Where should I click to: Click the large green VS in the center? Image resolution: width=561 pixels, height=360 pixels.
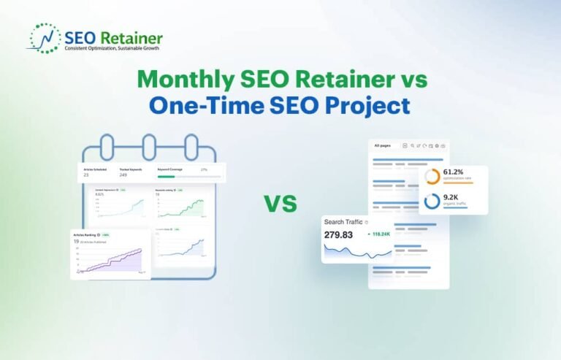[x=280, y=204]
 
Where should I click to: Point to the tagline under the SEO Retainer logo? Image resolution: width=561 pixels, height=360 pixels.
[x=112, y=48]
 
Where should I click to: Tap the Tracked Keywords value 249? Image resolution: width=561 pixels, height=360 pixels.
[x=122, y=175]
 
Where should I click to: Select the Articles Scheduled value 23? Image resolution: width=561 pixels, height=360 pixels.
[x=86, y=175]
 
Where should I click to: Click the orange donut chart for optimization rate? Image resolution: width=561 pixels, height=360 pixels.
[x=432, y=177]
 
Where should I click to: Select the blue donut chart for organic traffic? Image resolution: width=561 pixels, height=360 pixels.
[x=432, y=201]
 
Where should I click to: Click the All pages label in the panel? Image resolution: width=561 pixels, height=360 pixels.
[x=383, y=146]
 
